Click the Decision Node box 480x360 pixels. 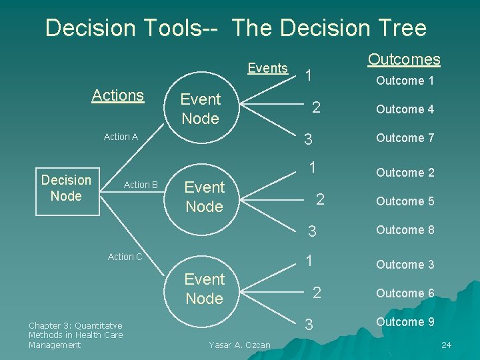pyautogui.click(x=66, y=188)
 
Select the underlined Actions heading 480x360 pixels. pyautogui.click(x=118, y=95)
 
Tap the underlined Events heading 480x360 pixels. pyautogui.click(x=267, y=67)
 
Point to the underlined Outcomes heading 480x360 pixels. pyautogui.click(x=404, y=59)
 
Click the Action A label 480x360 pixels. pyautogui.click(x=121, y=137)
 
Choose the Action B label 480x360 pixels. pyautogui.click(x=141, y=185)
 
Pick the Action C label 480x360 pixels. pyautogui.click(x=125, y=257)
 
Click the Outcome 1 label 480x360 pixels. pyautogui.click(x=405, y=81)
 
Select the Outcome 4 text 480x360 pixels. pyautogui.click(x=405, y=109)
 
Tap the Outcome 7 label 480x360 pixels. pyautogui.click(x=405, y=138)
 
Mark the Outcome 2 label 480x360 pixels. pyautogui.click(x=405, y=173)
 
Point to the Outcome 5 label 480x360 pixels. pyautogui.click(x=405, y=201)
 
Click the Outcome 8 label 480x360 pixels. pyautogui.click(x=405, y=230)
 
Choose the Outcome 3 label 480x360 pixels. pyautogui.click(x=405, y=265)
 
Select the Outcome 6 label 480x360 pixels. pyautogui.click(x=405, y=293)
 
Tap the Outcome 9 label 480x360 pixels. pyautogui.click(x=405, y=322)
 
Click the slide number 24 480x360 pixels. pyautogui.click(x=446, y=345)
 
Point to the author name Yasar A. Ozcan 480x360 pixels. pyautogui.click(x=239, y=345)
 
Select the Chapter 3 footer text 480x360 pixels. pyautogui.click(x=75, y=335)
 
